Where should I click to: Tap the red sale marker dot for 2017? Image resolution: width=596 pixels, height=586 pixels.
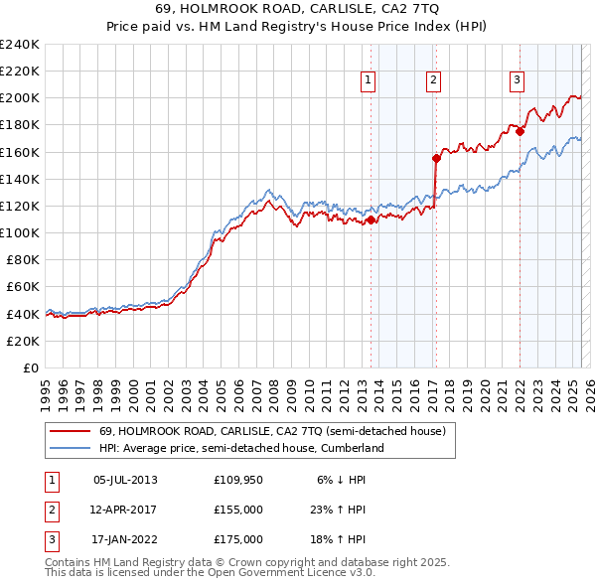[436, 158]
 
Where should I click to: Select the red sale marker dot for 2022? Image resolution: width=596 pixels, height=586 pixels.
[520, 131]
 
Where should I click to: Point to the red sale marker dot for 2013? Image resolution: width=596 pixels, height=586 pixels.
[371, 220]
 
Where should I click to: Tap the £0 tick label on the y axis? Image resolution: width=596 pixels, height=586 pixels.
[30, 367]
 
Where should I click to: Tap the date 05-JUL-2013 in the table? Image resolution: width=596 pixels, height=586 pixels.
[125, 480]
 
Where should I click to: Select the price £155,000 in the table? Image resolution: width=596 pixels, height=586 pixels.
[238, 510]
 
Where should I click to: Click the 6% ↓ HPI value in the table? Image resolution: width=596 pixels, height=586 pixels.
[342, 480]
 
